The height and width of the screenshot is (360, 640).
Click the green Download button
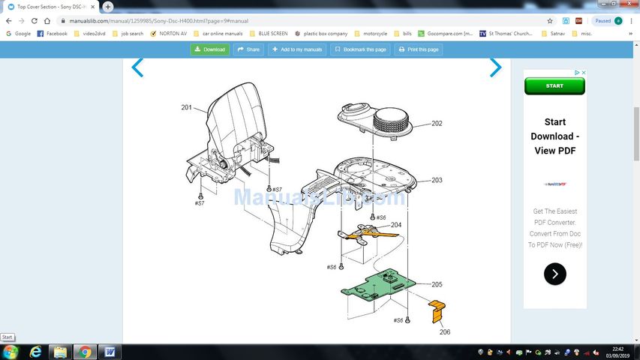(209, 49)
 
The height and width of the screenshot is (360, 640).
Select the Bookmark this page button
(360, 49)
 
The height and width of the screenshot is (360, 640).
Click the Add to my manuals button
(296, 49)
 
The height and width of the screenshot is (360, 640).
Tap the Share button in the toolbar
(248, 49)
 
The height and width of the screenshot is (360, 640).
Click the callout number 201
(187, 107)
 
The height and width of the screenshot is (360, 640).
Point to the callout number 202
(437, 124)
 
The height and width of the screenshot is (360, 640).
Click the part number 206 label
(445, 331)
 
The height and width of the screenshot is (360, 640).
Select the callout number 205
(437, 284)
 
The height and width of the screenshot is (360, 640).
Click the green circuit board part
(379, 285)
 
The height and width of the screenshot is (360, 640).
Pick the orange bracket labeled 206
(436, 310)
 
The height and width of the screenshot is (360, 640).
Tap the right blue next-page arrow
(495, 68)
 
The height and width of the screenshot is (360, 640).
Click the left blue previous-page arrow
(137, 68)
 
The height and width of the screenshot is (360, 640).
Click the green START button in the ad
(554, 86)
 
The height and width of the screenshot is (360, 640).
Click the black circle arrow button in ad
(554, 274)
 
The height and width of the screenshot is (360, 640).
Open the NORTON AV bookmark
(169, 34)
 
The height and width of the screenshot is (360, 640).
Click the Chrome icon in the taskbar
(85, 352)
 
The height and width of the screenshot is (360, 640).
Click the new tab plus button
(108, 6)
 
